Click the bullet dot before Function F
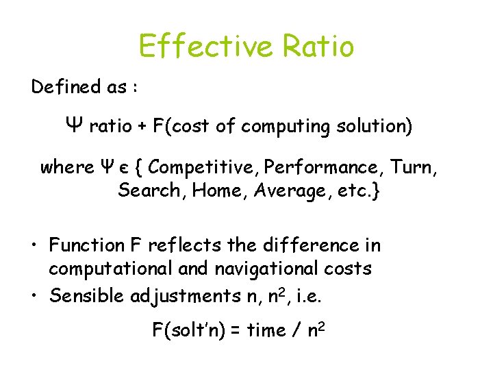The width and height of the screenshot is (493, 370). [x=34, y=245]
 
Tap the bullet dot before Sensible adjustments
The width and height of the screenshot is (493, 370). [x=34, y=296]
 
